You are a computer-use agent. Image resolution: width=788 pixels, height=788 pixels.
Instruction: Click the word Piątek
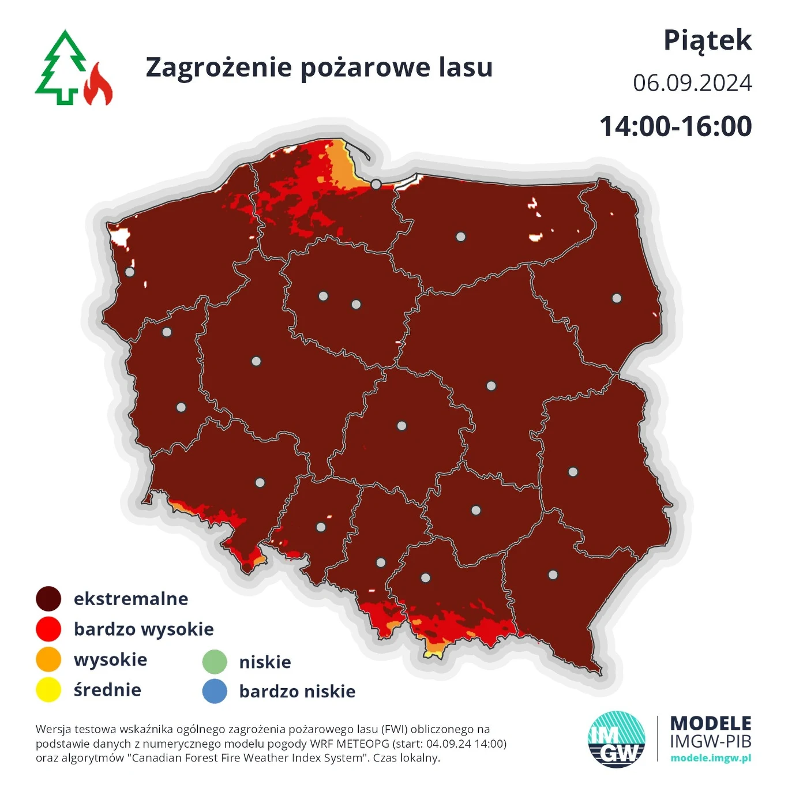[x=707, y=40]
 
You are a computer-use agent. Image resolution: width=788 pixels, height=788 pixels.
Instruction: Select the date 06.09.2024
[x=692, y=83]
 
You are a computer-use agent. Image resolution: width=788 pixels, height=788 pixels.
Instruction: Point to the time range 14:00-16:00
[x=676, y=126]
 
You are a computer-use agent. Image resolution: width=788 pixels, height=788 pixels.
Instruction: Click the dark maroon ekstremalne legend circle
[x=48, y=599]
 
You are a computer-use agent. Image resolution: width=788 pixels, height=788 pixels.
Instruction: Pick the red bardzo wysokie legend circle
[x=48, y=629]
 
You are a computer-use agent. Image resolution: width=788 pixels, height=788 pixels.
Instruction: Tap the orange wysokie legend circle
[x=48, y=659]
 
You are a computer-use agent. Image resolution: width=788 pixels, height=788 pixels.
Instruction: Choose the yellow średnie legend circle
[x=48, y=690]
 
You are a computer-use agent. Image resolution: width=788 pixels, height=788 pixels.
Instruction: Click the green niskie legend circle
[x=215, y=662]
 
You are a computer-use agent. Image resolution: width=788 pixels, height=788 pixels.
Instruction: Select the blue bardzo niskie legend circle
[x=215, y=691]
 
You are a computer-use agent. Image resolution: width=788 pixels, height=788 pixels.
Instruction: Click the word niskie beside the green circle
[x=265, y=662]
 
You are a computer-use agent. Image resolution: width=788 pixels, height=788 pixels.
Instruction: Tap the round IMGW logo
[x=616, y=739]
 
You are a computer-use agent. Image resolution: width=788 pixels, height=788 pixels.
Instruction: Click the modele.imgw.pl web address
[x=711, y=758]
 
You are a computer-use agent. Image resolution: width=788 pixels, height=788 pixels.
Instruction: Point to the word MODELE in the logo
[x=711, y=723]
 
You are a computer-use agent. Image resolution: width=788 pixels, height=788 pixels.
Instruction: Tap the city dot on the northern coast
[x=376, y=184]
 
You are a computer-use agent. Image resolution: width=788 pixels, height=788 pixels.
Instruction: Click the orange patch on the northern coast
[x=342, y=167]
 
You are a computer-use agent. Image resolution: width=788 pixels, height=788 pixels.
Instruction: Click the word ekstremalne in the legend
[x=131, y=599]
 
